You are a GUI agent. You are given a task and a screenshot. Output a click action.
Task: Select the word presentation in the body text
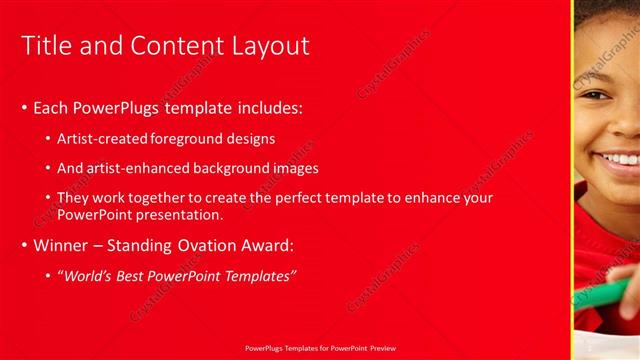173,215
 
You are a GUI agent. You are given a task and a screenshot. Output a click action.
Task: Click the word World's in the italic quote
90,275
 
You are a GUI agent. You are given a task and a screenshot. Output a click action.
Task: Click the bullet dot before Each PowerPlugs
25,108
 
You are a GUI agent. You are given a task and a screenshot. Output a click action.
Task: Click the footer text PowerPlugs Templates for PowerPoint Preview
320,348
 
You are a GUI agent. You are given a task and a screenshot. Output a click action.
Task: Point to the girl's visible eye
592,96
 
